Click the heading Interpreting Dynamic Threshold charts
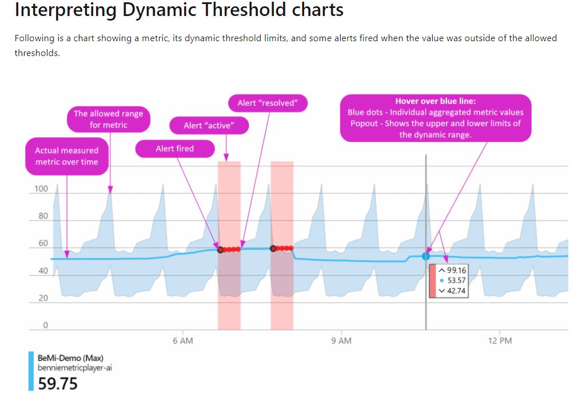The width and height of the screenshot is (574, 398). click(x=179, y=10)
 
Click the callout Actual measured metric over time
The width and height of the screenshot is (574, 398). click(x=66, y=156)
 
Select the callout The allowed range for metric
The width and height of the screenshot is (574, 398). click(x=108, y=119)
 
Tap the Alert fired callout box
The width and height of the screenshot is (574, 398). click(x=174, y=149)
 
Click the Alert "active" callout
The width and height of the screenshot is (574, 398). click(x=209, y=125)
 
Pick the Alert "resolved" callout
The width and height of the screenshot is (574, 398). click(x=268, y=103)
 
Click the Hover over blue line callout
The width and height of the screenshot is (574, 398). click(x=435, y=118)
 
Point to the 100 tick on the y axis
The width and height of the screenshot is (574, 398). click(x=41, y=189)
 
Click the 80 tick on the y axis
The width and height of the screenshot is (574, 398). click(x=43, y=216)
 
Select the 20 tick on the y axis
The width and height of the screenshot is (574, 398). click(x=43, y=298)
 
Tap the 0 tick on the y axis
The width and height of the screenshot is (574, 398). click(x=45, y=325)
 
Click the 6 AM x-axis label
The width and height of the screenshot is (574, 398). click(x=182, y=341)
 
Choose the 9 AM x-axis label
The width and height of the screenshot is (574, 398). click(x=341, y=341)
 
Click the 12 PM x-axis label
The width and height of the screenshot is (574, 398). click(x=500, y=341)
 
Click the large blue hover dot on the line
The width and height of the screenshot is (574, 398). click(x=426, y=257)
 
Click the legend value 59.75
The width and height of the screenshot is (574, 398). click(x=58, y=384)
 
